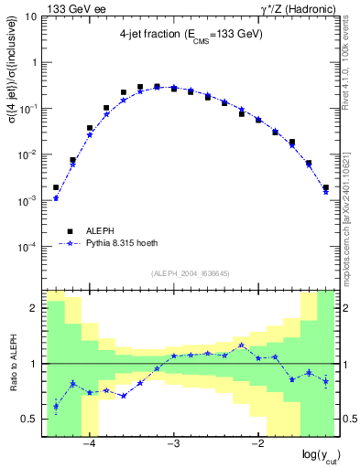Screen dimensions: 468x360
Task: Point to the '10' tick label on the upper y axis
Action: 30,16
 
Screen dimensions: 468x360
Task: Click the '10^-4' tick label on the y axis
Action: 27,247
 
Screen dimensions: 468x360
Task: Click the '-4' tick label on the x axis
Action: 90,445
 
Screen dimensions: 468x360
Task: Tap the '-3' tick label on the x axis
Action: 174,445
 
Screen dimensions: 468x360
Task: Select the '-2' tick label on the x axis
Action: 258,445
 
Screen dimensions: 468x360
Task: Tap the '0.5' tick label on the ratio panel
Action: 28,419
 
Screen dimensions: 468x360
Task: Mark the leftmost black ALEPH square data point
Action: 56,187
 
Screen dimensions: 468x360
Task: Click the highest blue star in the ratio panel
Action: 241,346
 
